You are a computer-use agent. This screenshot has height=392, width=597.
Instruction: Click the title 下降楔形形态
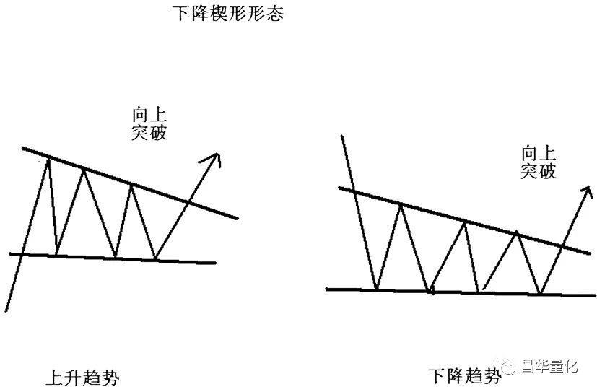click(228, 13)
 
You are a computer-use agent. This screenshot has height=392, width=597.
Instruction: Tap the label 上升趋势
click(82, 378)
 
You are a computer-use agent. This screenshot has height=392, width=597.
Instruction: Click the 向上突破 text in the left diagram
click(149, 124)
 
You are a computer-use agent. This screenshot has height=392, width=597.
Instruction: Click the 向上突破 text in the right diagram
click(539, 162)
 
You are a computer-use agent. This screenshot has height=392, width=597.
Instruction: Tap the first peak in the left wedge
click(48, 160)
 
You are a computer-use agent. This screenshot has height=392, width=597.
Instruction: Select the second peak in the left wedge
click(84, 170)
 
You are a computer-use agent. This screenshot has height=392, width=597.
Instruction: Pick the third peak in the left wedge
click(131, 186)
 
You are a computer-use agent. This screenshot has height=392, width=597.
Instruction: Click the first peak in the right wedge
click(401, 205)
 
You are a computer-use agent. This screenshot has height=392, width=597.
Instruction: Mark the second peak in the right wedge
click(464, 222)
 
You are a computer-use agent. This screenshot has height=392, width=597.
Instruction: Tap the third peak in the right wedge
click(517, 232)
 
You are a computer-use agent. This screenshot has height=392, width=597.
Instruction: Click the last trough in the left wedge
click(155, 259)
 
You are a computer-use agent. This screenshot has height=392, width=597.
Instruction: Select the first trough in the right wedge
click(376, 289)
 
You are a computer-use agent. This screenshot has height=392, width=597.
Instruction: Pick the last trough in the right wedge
click(540, 293)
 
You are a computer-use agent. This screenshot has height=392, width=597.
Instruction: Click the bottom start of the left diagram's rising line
click(6, 312)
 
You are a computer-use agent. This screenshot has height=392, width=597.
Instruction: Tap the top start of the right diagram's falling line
click(342, 136)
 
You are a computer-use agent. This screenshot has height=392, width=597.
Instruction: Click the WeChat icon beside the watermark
click(507, 366)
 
